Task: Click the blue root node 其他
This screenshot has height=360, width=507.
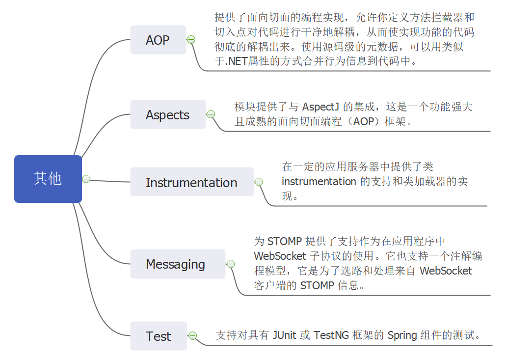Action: pos(48,179)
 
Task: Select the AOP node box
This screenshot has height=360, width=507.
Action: pos(158,40)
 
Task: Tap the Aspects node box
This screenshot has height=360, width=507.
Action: pos(167,115)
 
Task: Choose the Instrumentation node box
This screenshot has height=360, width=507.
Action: pos(191,183)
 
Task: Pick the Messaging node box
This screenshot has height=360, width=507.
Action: pos(176,264)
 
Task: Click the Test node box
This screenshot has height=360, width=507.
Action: pos(158,336)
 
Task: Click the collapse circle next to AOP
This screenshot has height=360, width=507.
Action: pos(191,40)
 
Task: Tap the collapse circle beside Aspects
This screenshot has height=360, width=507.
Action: pos(211,114)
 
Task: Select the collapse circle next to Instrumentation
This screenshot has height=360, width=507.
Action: pos(259,182)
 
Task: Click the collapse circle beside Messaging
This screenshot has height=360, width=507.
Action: pos(231,264)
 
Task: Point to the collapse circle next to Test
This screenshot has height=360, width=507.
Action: pos(192,336)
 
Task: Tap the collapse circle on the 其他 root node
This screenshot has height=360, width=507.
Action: pos(86,179)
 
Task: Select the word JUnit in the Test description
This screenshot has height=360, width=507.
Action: pos(284,335)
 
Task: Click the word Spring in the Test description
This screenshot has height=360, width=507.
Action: pos(402,335)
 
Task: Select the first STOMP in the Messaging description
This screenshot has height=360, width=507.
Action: pos(285,242)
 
